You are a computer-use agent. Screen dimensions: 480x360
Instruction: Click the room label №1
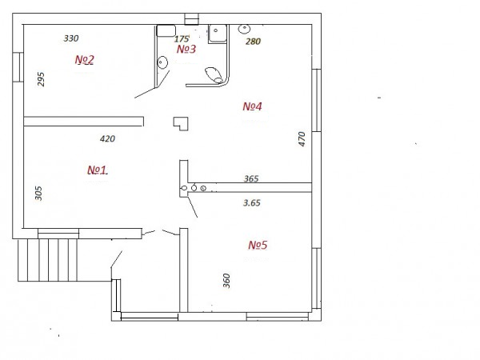(x=97, y=170)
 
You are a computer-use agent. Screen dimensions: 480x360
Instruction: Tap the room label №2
(x=85, y=59)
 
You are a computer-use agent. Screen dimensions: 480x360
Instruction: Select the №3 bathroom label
(x=186, y=49)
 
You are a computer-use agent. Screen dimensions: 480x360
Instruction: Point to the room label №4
(x=252, y=106)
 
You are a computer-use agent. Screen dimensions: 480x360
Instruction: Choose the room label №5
(x=258, y=245)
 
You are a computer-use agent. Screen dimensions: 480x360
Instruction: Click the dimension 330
(x=71, y=38)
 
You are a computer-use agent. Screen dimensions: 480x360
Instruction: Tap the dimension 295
(x=41, y=79)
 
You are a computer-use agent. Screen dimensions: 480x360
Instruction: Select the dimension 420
(x=107, y=138)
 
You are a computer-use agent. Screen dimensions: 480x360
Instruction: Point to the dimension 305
(x=38, y=193)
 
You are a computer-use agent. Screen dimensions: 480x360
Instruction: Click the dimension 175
(x=182, y=39)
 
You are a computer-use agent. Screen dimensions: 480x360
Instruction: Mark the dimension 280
(x=253, y=42)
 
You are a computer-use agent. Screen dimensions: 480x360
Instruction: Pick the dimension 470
(x=302, y=139)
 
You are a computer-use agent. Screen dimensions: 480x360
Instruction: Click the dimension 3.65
(x=252, y=202)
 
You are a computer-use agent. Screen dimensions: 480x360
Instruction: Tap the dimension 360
(x=226, y=281)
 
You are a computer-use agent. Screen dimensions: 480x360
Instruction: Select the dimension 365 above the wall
(x=251, y=178)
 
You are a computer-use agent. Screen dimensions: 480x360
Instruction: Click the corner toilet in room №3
(x=214, y=75)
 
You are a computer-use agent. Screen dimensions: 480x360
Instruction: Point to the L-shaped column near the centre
(x=181, y=124)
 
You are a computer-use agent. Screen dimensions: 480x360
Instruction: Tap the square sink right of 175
(x=218, y=34)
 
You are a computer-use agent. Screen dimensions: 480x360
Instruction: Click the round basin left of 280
(x=244, y=29)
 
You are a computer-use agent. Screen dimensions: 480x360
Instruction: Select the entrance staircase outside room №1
(x=47, y=260)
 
